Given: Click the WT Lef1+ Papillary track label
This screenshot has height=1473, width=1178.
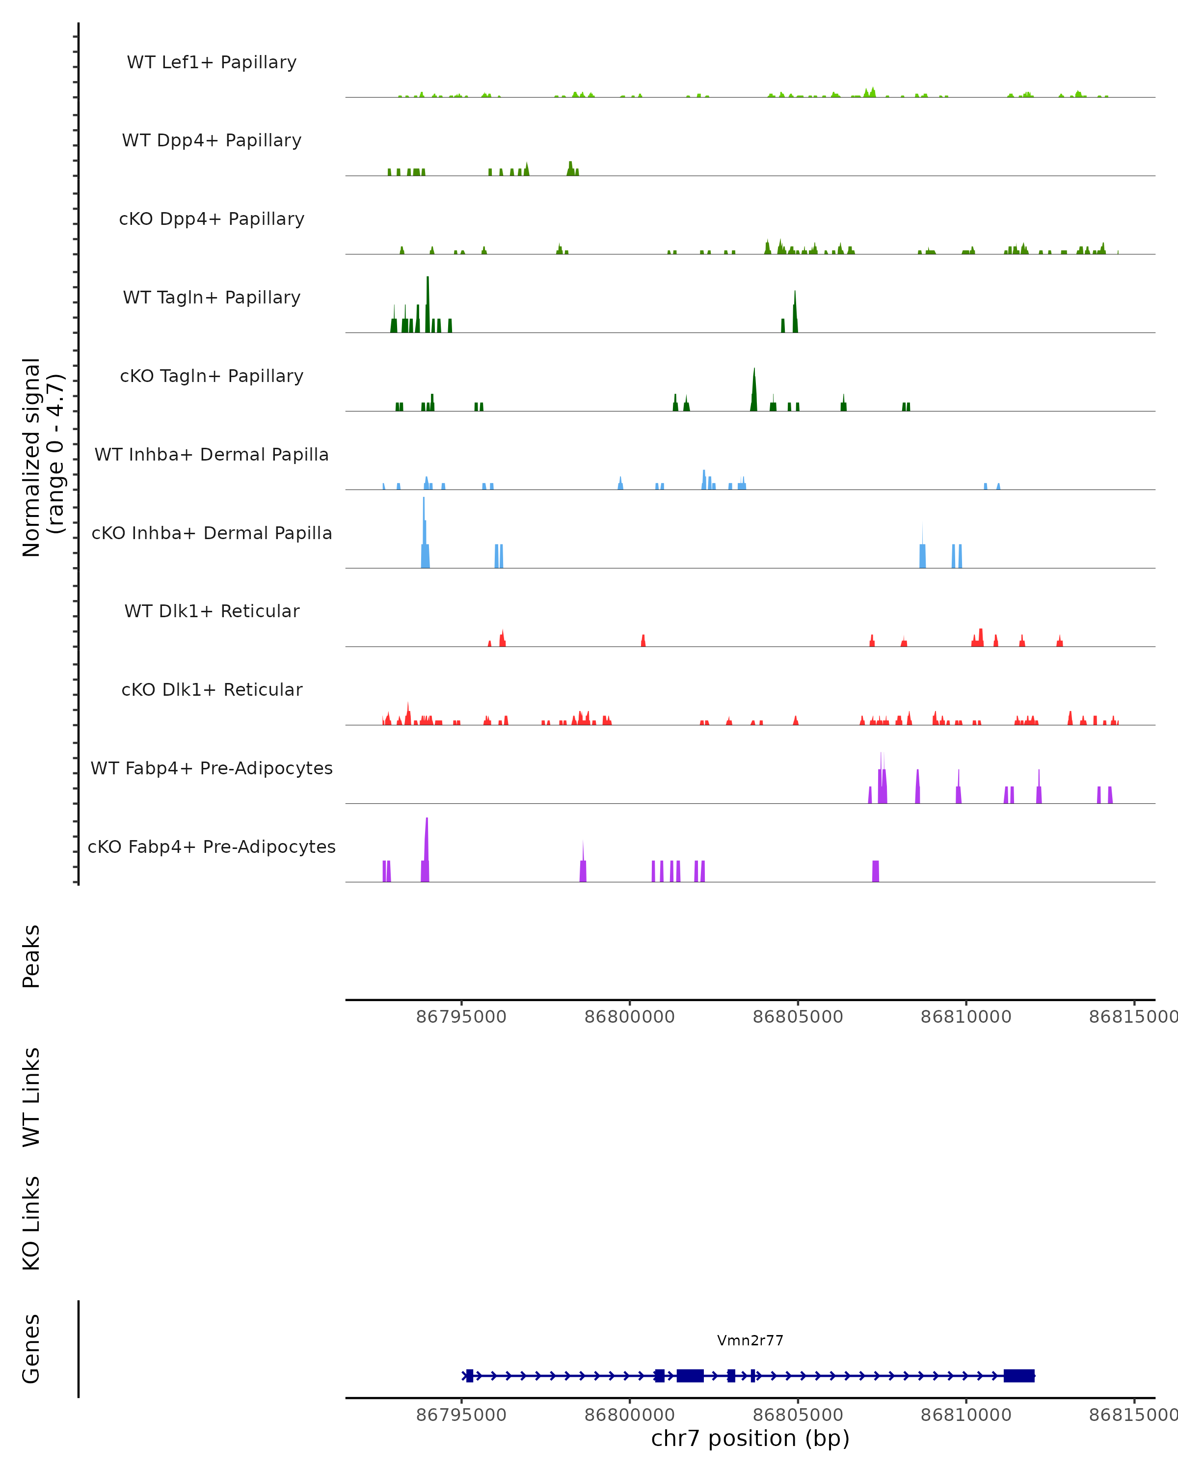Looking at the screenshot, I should pyautogui.click(x=212, y=62).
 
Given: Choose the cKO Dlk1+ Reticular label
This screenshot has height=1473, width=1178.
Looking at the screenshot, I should pyautogui.click(x=212, y=689).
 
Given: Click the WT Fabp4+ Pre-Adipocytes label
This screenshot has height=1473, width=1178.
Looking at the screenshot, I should pyautogui.click(x=212, y=768).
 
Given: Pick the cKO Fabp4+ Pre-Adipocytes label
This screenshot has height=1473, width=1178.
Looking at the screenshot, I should pyautogui.click(x=212, y=846).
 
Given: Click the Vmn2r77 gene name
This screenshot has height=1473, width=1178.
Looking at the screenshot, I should pyautogui.click(x=750, y=1340).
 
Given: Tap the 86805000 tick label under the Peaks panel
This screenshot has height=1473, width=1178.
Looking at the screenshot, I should pyautogui.click(x=797, y=1017).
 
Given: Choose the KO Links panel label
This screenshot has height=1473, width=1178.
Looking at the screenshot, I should pyautogui.click(x=31, y=1223).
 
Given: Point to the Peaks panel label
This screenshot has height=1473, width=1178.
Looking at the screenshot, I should pyautogui.click(x=31, y=956).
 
